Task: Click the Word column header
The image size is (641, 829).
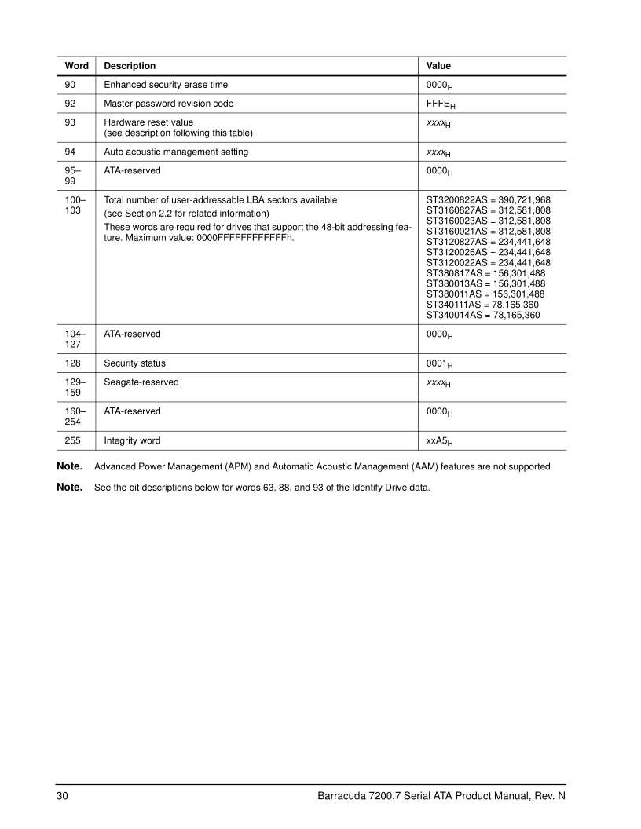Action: click(75, 66)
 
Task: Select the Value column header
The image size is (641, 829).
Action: click(438, 66)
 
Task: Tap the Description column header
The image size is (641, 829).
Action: click(130, 66)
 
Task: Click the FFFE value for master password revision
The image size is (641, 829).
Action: click(439, 104)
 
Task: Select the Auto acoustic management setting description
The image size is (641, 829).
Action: click(176, 152)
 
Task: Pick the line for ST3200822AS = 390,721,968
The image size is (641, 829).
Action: click(488, 200)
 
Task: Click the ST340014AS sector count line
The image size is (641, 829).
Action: click(482, 315)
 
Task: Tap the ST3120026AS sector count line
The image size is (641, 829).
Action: click(488, 252)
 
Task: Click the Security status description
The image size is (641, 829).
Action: click(134, 363)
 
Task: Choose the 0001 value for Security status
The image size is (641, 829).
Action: click(439, 364)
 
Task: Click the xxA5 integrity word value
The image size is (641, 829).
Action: click(439, 442)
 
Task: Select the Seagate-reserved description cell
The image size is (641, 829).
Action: click(141, 382)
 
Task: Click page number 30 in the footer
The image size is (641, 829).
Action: click(62, 797)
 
